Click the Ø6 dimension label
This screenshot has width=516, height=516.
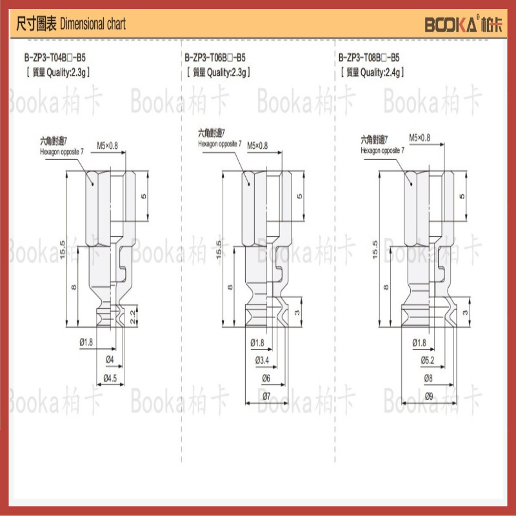coord(266,378)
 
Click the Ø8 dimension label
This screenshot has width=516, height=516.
coord(429,378)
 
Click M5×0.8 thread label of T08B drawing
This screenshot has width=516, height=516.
coord(419,137)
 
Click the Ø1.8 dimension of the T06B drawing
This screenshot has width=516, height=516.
coord(257,342)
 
